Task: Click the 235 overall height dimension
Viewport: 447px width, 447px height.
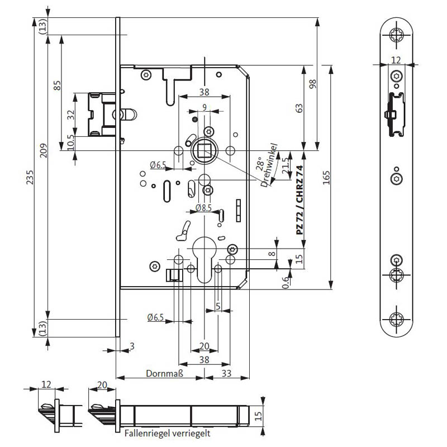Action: coord(30,177)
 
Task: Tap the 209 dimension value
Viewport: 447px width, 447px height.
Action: coord(44,150)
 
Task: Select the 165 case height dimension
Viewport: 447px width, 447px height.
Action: coord(326,178)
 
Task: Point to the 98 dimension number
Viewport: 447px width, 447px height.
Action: coord(313,84)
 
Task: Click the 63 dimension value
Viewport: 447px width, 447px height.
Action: coord(299,108)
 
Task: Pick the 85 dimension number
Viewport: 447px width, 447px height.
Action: coord(57,85)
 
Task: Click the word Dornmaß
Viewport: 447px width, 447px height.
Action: coord(164,373)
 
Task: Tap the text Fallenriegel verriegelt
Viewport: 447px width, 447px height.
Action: coord(167,434)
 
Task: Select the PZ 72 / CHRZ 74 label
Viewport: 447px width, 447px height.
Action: coord(299,200)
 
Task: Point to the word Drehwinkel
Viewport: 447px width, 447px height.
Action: coord(269,165)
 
